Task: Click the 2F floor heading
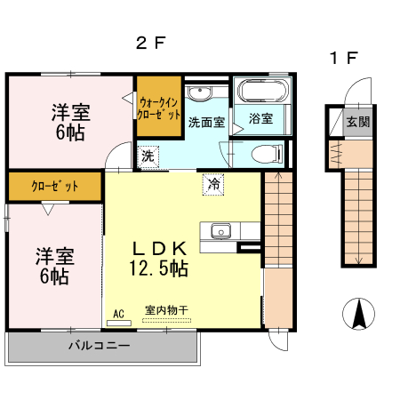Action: point(151,42)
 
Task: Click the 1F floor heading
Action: point(343,59)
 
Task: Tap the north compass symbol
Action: point(358,314)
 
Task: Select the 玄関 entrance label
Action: point(358,122)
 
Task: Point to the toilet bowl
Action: point(265,154)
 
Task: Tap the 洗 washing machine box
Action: point(148,156)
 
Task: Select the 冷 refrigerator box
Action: point(214,184)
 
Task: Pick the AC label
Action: point(118,313)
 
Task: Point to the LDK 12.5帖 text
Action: point(160,256)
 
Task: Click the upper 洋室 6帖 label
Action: point(69,122)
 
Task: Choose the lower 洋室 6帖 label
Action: point(54,265)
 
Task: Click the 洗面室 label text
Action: point(206,123)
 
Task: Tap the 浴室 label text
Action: point(260,118)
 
